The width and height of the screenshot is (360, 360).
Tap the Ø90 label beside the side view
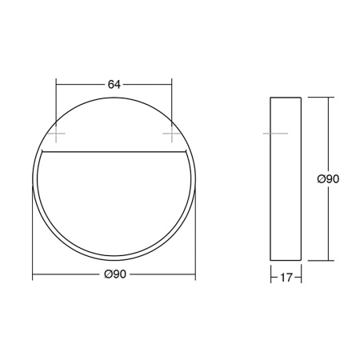(x=328, y=179)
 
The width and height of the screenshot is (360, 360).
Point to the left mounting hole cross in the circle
(x=55, y=132)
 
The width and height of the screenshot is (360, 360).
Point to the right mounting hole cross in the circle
(x=170, y=132)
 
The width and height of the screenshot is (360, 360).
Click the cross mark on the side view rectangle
(x=271, y=132)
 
